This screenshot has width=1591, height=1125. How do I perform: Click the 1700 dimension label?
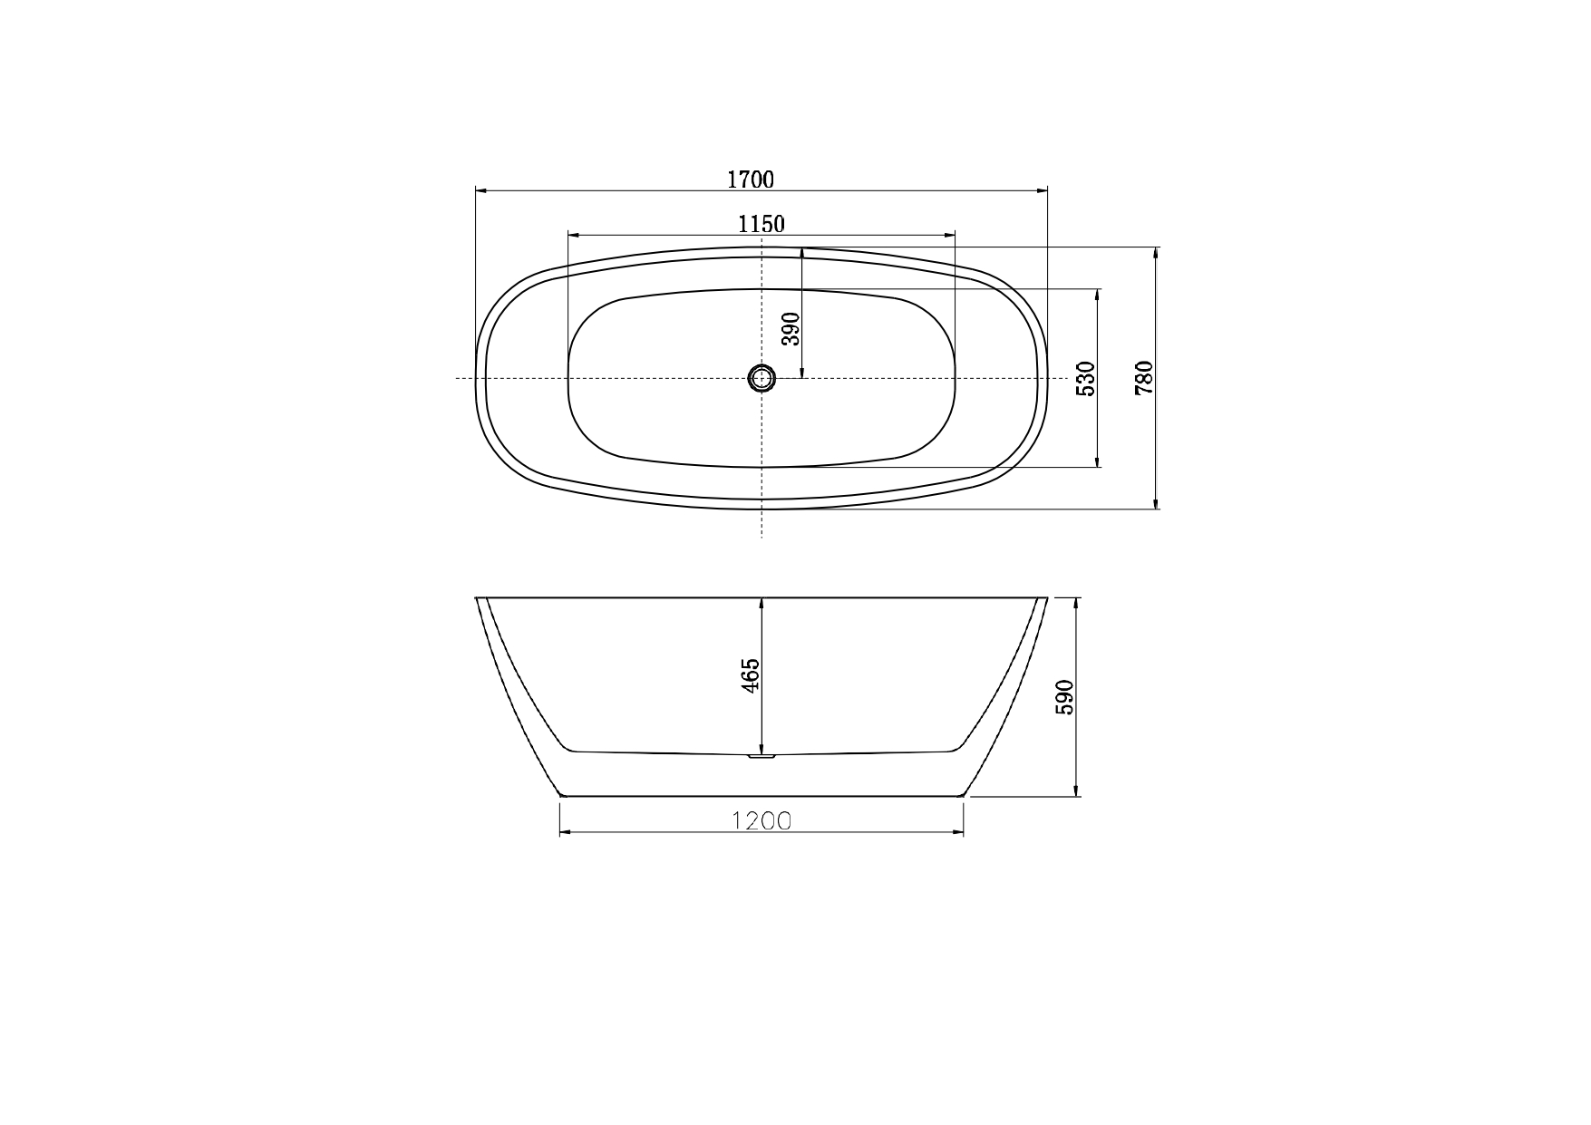[x=751, y=179]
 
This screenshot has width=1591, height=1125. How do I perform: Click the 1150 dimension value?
[x=761, y=224]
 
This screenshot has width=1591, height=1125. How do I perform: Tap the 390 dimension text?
[x=791, y=329]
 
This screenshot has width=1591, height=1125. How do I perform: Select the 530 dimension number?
[x=1086, y=379]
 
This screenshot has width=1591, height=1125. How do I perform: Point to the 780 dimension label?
[x=1144, y=377]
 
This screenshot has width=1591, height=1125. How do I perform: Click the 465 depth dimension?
[x=751, y=676]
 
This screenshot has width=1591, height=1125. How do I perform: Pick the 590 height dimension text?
[x=1064, y=697]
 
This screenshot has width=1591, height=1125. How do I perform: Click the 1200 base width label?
[x=762, y=821]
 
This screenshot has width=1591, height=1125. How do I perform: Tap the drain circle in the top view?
[x=762, y=378]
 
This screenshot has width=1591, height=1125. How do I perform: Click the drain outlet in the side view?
[x=762, y=755]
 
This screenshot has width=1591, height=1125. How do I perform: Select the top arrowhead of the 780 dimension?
[x=1156, y=254]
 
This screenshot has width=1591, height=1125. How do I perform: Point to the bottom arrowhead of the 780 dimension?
[x=1156, y=502]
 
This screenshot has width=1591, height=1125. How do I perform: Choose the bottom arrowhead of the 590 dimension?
[x=1075, y=790]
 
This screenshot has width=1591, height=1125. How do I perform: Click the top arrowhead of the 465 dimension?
[x=762, y=604]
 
